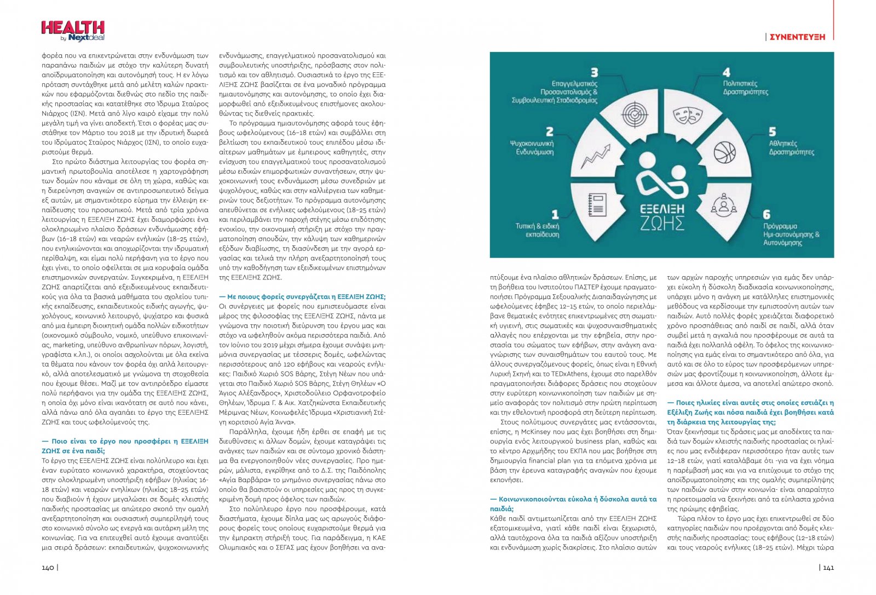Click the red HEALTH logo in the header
point(72,28)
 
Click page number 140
point(48,567)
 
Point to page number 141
point(828,567)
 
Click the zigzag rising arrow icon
point(595,156)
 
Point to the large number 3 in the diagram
point(594,72)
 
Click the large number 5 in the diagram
point(773,131)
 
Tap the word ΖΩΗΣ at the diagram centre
point(662,224)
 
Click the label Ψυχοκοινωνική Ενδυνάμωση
point(532,147)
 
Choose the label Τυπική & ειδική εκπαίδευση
point(537,230)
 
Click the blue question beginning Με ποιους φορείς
point(302,296)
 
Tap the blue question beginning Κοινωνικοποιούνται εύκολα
point(573,504)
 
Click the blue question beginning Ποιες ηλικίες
point(750,412)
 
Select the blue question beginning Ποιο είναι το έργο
point(125,445)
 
